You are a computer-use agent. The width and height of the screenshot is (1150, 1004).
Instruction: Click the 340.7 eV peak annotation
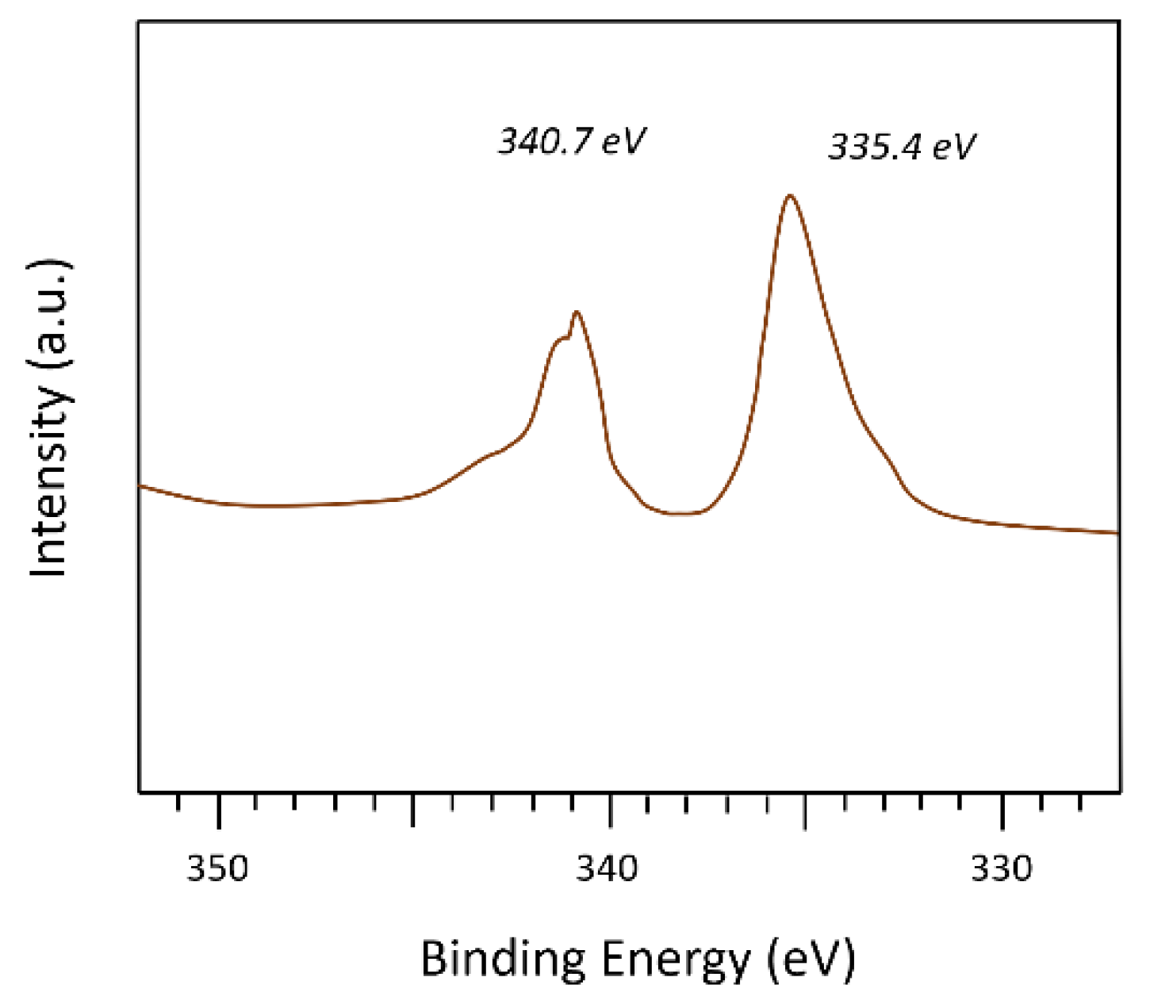point(572,142)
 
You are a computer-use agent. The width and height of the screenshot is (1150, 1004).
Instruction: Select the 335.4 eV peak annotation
point(902,147)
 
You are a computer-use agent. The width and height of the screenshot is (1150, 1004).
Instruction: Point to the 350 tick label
point(217,869)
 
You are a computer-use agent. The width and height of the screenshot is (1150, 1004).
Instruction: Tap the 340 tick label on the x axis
point(607,869)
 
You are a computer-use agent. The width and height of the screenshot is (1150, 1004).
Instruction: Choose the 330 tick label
point(1002,869)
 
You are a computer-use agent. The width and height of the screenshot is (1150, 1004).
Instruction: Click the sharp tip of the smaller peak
point(577,312)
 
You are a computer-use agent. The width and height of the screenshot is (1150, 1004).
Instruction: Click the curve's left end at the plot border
point(140,485)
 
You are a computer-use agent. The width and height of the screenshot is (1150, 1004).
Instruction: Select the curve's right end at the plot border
point(1118,533)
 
